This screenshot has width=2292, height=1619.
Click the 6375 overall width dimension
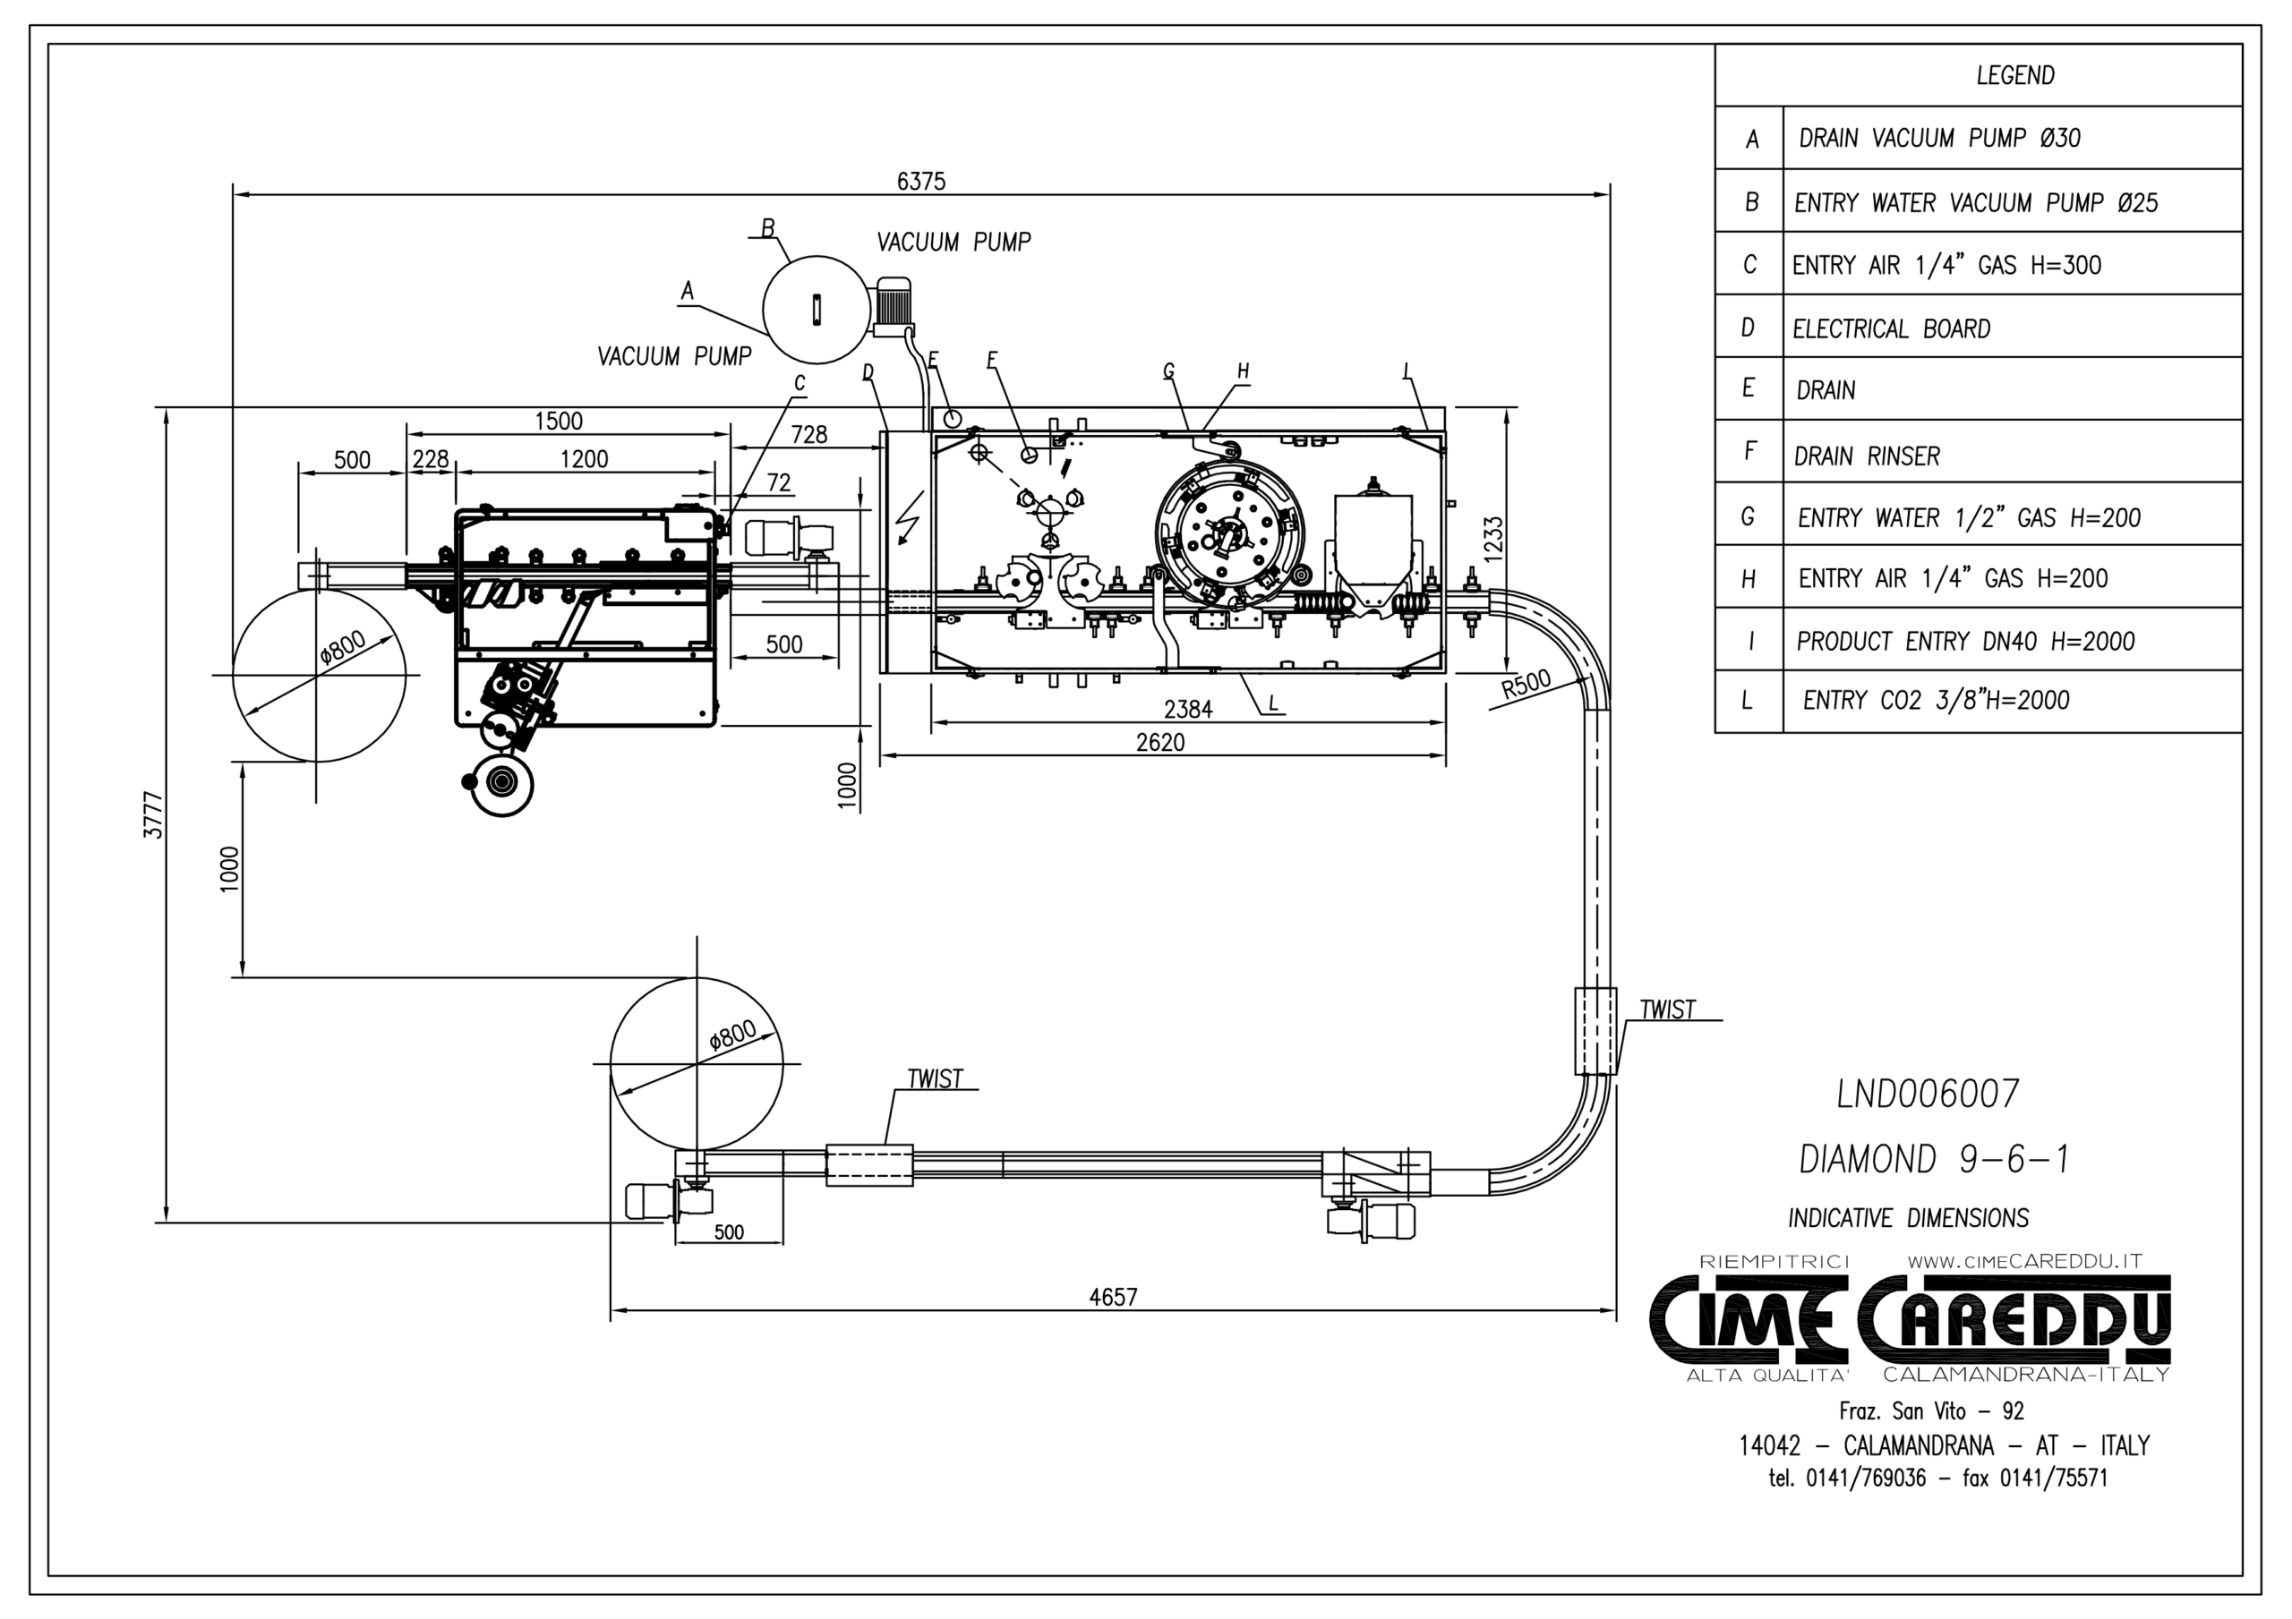click(x=920, y=182)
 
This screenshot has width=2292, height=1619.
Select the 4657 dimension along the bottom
click(x=1113, y=1297)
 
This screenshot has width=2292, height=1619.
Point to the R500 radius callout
click(x=1527, y=686)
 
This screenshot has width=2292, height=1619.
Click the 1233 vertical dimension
click(x=1492, y=539)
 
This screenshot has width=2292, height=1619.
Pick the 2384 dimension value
click(x=1188, y=709)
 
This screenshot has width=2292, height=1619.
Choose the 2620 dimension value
click(x=1160, y=743)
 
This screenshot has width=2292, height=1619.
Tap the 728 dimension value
click(x=808, y=434)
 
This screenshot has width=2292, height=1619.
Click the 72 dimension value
click(x=779, y=483)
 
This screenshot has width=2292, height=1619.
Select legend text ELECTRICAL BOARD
click(x=1891, y=328)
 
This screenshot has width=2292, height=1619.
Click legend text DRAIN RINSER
click(x=1867, y=456)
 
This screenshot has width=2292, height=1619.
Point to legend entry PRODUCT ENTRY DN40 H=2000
click(x=1964, y=641)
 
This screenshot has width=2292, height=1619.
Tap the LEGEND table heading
click(x=2014, y=76)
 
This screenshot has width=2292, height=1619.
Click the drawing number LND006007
click(x=1928, y=1094)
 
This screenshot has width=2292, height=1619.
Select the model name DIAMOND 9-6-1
click(x=1934, y=1159)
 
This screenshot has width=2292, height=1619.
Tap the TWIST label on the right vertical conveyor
click(x=1667, y=1010)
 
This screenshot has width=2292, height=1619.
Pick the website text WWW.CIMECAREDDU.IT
click(x=2024, y=1261)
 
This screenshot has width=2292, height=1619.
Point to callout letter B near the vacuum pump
click(x=767, y=228)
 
